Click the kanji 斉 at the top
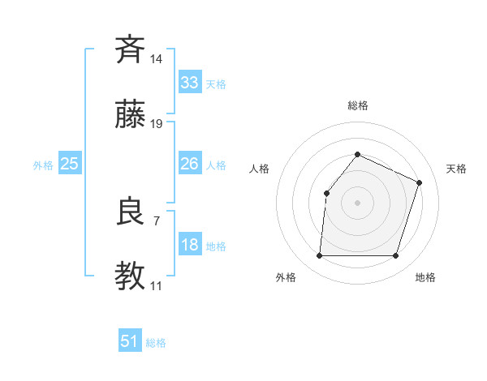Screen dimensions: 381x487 coord(130,49)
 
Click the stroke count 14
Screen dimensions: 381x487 coord(157,59)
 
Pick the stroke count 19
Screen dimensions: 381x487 coord(157,124)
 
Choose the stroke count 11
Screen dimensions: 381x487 coord(156,286)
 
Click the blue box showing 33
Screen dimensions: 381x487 coord(189,83)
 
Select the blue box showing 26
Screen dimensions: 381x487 coord(189,164)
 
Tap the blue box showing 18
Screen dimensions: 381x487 coord(189,245)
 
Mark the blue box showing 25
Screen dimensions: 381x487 coord(69,164)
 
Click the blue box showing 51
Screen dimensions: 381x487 coord(130,341)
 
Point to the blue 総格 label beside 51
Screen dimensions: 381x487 coord(156,343)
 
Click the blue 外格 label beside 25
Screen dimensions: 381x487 coord(43,165)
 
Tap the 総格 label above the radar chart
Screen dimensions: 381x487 coord(357,105)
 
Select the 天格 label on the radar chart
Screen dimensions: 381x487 coord(456,169)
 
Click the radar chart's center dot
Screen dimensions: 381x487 coord(357,202)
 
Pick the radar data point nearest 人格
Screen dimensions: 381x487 coord(326,193)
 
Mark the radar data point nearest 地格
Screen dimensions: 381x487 coord(395,256)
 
